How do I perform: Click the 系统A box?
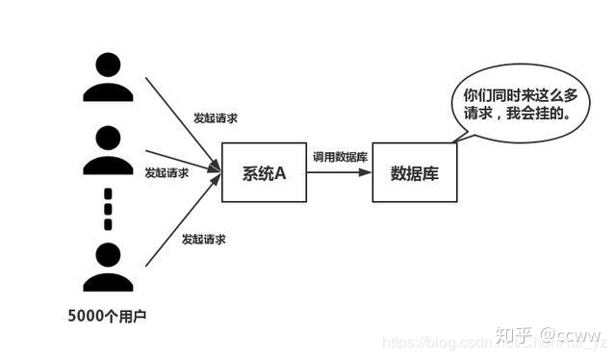264,173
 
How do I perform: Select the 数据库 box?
415,173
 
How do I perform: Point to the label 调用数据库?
339,156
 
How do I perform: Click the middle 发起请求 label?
167,173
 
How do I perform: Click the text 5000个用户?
108,315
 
